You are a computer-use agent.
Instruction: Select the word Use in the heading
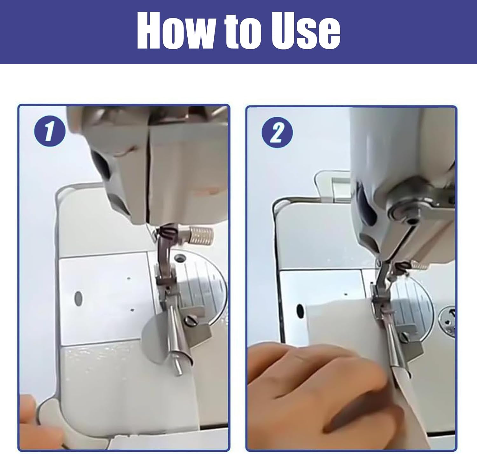tap(306, 31)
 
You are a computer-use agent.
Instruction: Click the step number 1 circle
tap(50, 131)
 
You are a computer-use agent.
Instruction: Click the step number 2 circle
tap(277, 133)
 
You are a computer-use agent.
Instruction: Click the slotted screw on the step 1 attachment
tap(190, 321)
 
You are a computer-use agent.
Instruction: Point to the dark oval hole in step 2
tap(301, 311)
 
